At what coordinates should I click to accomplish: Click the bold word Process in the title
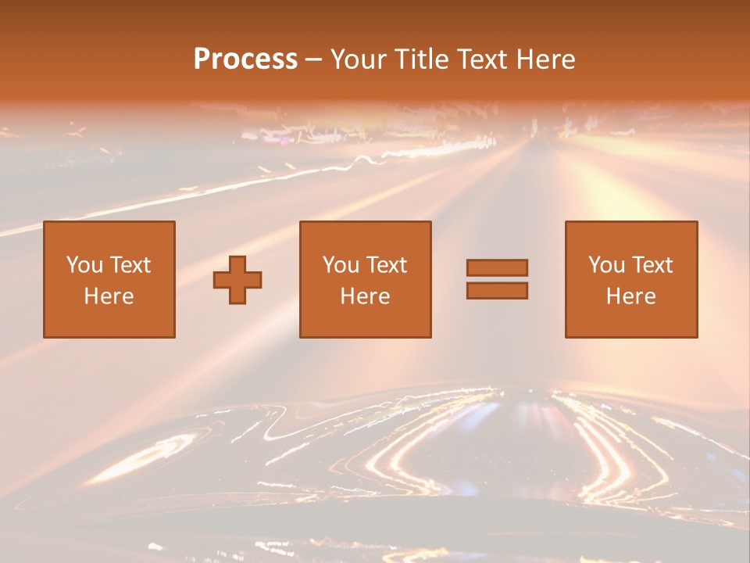coord(245,59)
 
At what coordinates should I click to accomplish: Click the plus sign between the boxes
coord(237,280)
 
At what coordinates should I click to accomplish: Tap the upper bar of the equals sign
coord(497,267)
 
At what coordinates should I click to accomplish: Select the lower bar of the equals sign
coord(497,291)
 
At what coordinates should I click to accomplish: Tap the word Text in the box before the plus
coord(130,265)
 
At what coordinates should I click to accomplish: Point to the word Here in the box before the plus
coord(109,296)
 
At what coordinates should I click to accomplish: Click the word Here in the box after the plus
coord(366,296)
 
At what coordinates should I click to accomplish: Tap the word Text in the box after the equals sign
coord(652,265)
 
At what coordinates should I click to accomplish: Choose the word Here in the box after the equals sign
coord(631,296)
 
